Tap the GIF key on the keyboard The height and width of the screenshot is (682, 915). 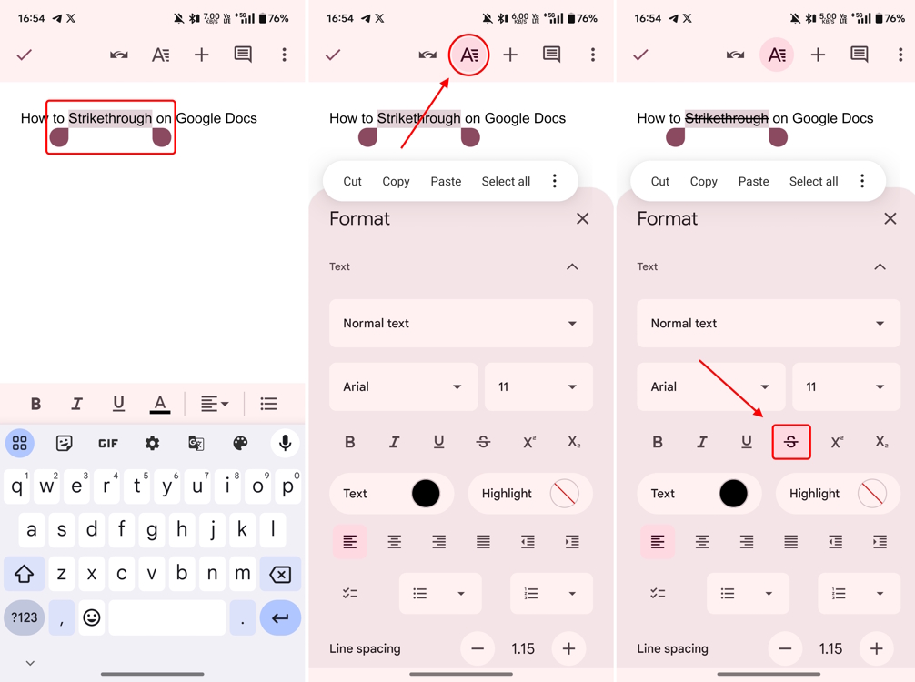pos(108,444)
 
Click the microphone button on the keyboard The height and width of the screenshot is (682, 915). pos(285,444)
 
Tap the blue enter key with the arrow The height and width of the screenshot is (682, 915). pos(280,618)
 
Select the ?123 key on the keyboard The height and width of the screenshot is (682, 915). pos(25,618)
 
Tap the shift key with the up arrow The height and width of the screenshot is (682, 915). pos(25,575)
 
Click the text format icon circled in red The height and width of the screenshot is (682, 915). pos(468,55)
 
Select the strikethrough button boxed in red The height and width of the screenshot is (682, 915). pos(791,442)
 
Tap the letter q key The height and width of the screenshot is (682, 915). pos(16,487)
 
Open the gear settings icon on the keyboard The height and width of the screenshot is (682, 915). pos(152,444)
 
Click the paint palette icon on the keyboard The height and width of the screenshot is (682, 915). pos(240,444)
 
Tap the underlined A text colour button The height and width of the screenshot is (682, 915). pos(160,404)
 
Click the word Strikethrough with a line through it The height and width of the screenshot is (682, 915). pos(726,118)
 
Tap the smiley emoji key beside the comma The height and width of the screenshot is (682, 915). pos(92,618)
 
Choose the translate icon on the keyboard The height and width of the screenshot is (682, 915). pos(196,444)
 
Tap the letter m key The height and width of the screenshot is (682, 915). pos(242,575)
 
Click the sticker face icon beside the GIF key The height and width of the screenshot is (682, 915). pos(64,444)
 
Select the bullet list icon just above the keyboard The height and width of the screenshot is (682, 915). pos(268,404)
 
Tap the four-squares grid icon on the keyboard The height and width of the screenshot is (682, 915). pos(20,444)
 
